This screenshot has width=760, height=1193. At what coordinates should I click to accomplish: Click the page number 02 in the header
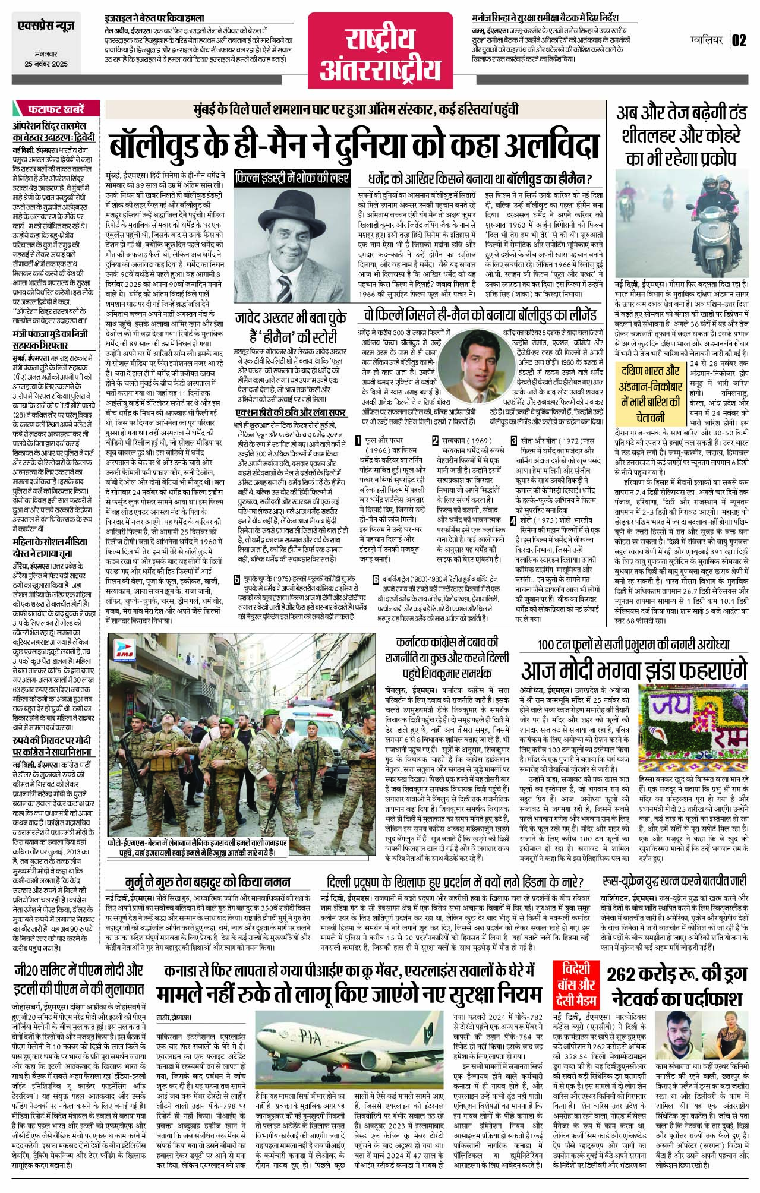(739, 40)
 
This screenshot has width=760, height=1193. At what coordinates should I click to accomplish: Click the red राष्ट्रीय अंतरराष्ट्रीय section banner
(380, 54)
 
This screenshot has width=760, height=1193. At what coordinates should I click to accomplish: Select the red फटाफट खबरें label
(56, 109)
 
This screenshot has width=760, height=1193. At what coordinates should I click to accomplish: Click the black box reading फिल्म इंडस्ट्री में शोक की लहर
(292, 178)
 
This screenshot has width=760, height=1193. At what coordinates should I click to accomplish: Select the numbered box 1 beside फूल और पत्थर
(358, 440)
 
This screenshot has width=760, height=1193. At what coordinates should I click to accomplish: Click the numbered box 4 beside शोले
(513, 521)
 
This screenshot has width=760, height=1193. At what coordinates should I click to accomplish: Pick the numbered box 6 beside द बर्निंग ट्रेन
(376, 580)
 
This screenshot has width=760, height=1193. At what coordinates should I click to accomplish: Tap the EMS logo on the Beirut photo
(127, 651)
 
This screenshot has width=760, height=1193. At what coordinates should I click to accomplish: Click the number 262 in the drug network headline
(633, 975)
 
